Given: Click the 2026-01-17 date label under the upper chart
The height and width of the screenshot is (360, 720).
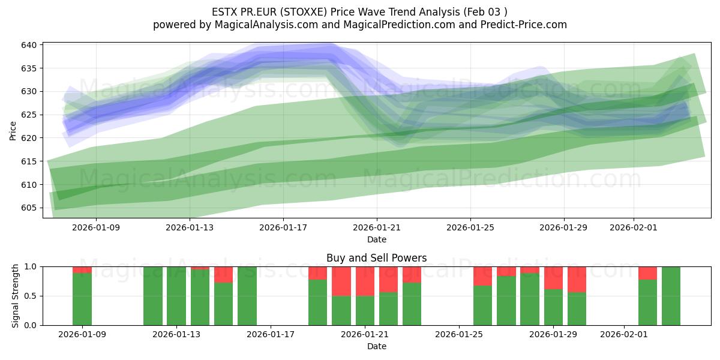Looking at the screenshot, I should pyautogui.click(x=283, y=227).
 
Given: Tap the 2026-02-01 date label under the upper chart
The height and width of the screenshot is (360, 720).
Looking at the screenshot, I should pyautogui.click(x=634, y=227).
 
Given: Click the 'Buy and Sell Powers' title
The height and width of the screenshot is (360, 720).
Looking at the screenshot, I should pyautogui.click(x=376, y=258).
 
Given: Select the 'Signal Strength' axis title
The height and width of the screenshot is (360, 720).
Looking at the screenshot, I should pyautogui.click(x=16, y=296).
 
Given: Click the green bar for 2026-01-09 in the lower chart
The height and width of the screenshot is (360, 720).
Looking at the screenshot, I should pyautogui.click(x=82, y=299).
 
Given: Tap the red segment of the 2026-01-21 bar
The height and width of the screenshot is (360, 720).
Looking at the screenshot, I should pyautogui.click(x=365, y=281).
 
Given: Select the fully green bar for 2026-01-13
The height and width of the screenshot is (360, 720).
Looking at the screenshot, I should pyautogui.click(x=176, y=296).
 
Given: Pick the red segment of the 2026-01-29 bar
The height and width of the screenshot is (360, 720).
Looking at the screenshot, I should pyautogui.click(x=553, y=278).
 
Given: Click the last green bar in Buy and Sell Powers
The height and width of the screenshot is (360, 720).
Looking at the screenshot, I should pyautogui.click(x=671, y=296).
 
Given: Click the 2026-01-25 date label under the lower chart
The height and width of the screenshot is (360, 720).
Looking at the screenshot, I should pyautogui.click(x=459, y=335).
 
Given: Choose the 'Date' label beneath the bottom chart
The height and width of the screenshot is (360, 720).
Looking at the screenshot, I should pyautogui.click(x=376, y=346).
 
